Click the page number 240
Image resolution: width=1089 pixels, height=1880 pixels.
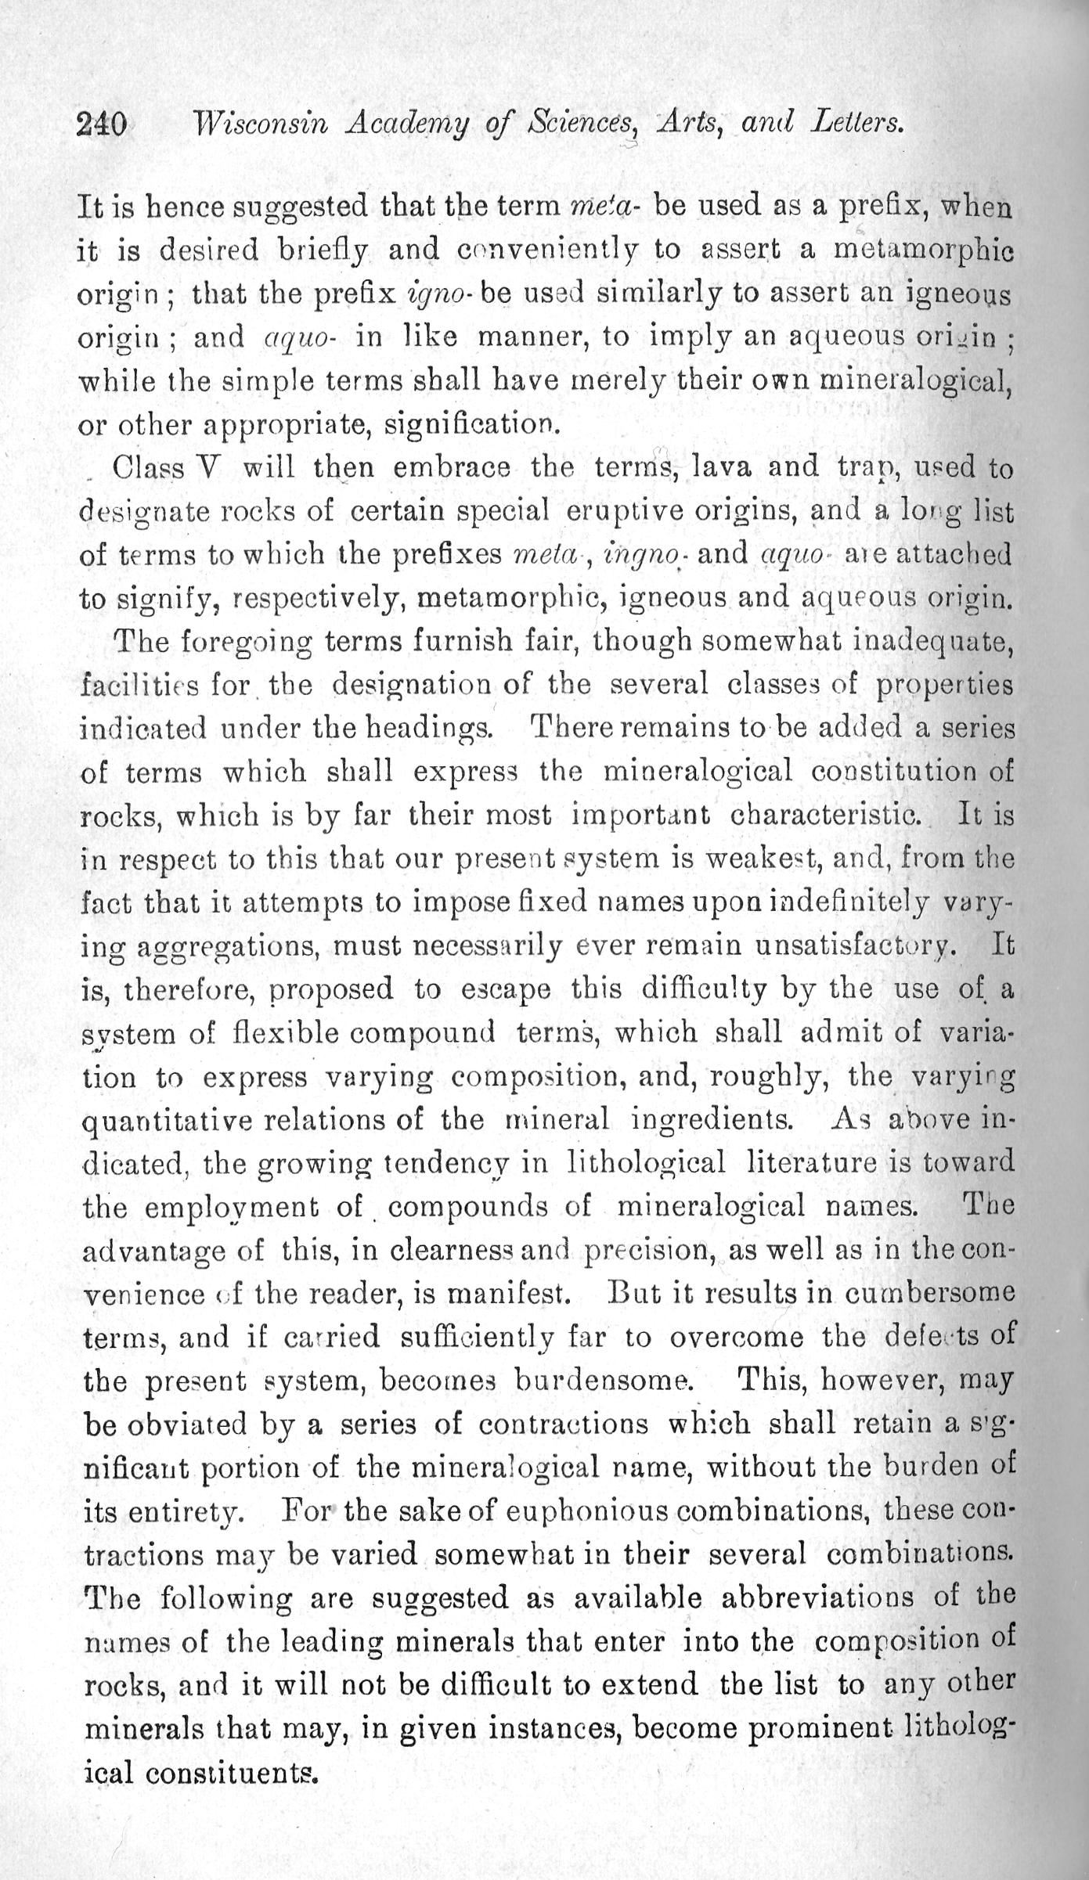pyautogui.click(x=102, y=124)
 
